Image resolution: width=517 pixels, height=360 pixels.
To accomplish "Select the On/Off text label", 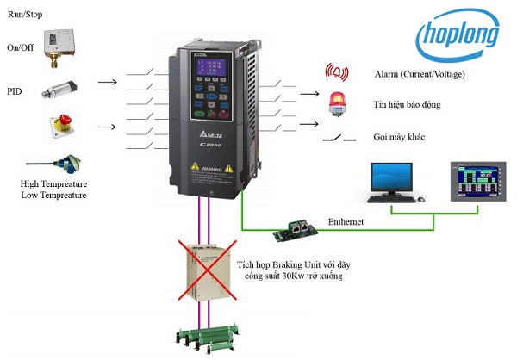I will (x=21, y=47).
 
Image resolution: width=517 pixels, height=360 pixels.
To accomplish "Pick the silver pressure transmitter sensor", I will (x=62, y=84).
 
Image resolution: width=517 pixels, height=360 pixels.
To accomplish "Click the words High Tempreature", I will (x=53, y=183).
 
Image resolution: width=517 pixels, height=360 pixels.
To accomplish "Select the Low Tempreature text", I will (x=53, y=196).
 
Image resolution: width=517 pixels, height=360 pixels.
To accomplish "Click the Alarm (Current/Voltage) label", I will (x=420, y=75).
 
